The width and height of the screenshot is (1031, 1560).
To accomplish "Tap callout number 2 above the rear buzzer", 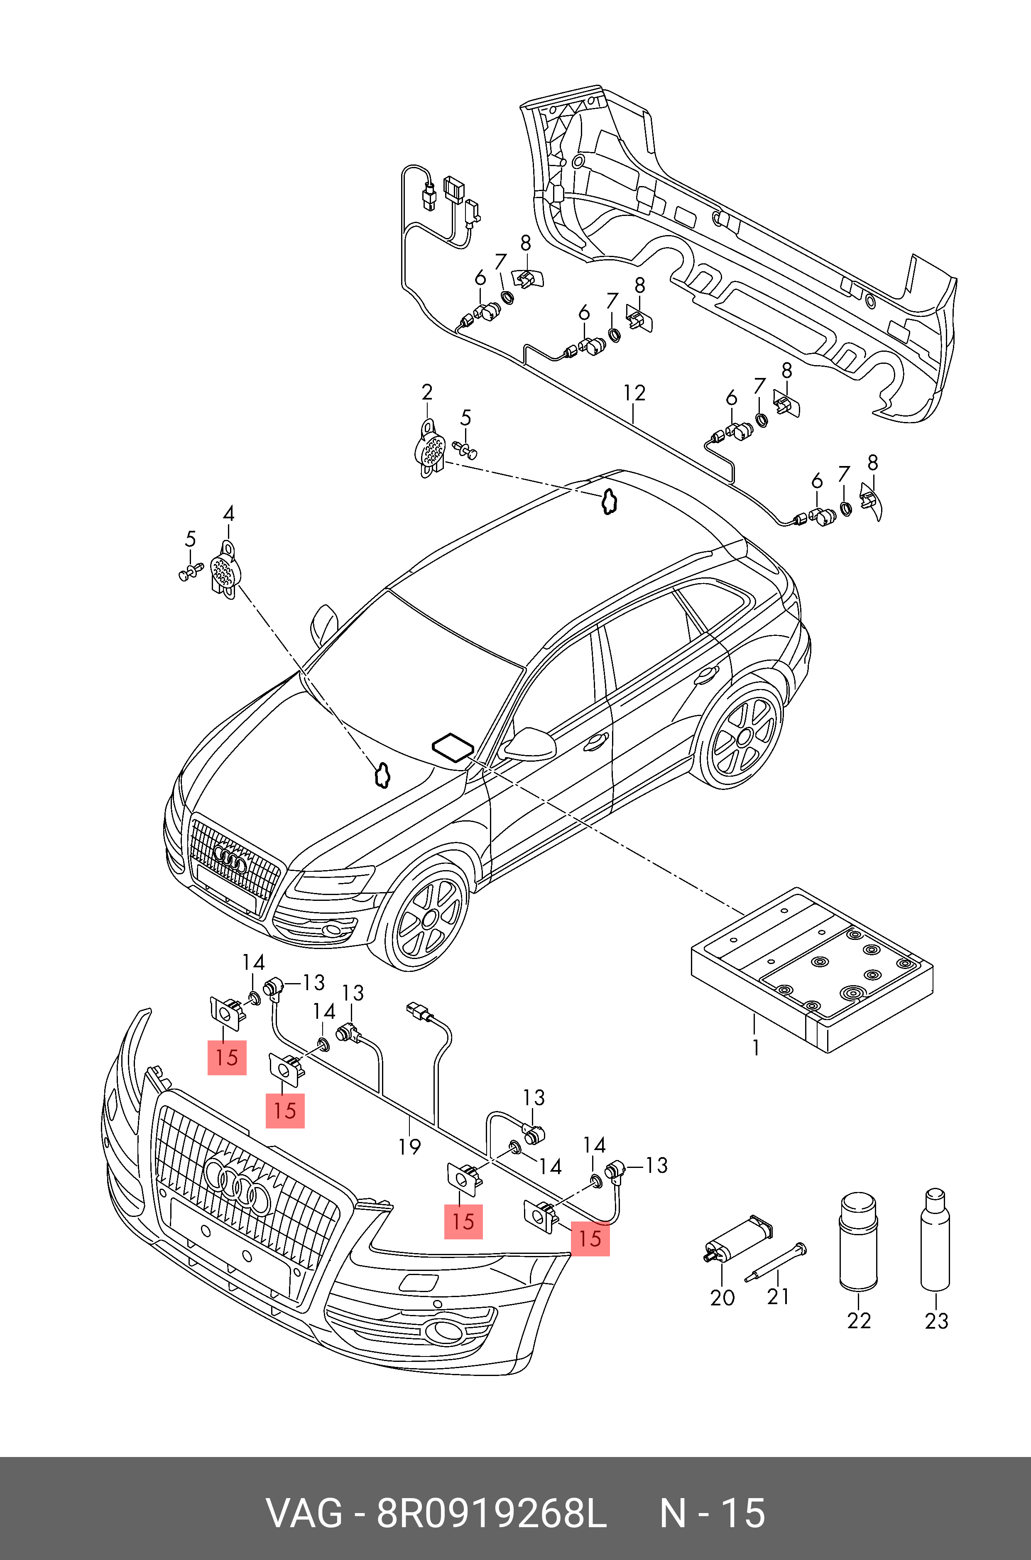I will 427,392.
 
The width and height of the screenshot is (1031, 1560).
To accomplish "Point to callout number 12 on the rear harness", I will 634,393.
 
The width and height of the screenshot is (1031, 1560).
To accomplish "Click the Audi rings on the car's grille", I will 230,860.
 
